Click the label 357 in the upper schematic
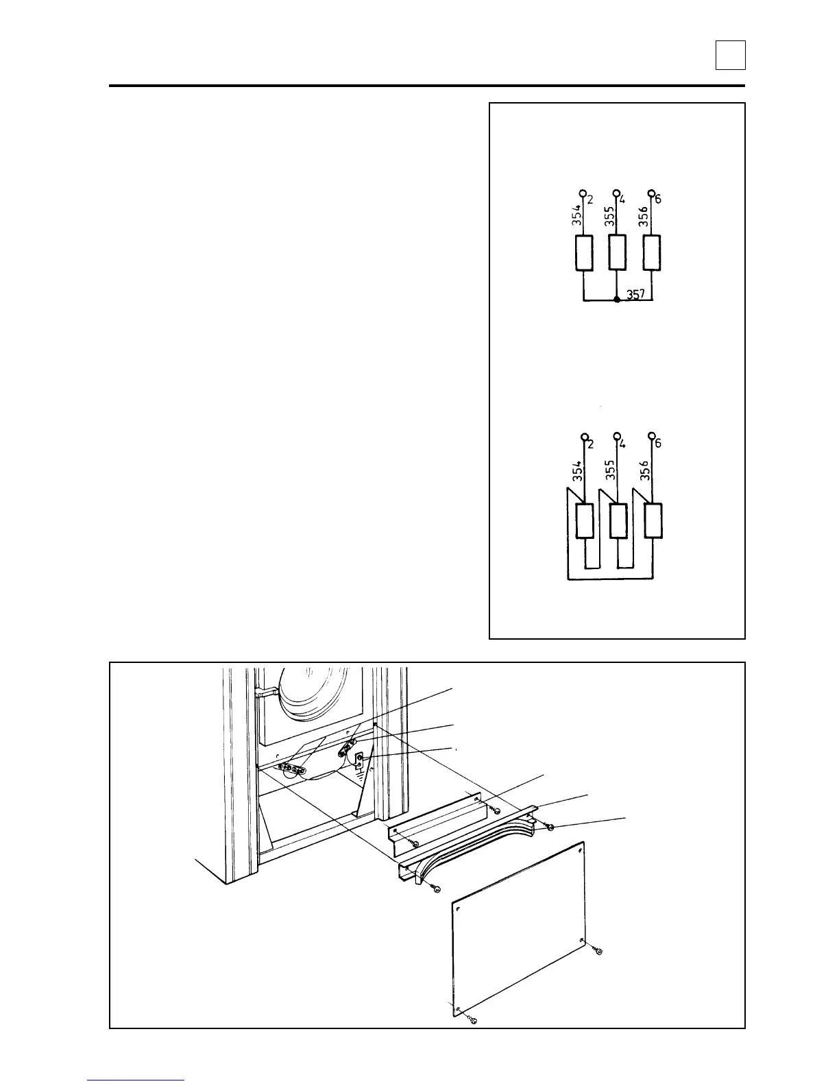pyautogui.click(x=637, y=295)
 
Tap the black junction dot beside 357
pyautogui.click(x=617, y=300)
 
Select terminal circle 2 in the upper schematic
pyautogui.click(x=583, y=193)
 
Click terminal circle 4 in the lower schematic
pyautogui.click(x=617, y=436)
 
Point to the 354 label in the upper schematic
pyautogui.click(x=577, y=217)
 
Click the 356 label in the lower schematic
pyautogui.click(x=645, y=472)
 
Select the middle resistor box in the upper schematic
pyautogui.click(x=618, y=253)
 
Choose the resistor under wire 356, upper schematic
pyautogui.click(x=652, y=253)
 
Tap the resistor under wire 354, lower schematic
pyautogui.click(x=584, y=520)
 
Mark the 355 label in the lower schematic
pyautogui.click(x=611, y=472)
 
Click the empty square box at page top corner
pyautogui.click(x=730, y=55)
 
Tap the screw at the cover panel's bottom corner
pyautogui.click(x=472, y=1022)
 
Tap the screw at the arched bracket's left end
pyautogui.click(x=435, y=889)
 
